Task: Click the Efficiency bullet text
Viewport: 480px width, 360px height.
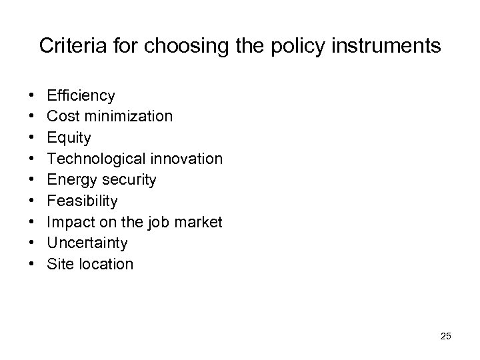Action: point(81,95)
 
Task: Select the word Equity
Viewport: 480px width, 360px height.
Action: point(69,137)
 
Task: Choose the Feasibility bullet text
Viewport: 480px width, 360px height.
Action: point(82,201)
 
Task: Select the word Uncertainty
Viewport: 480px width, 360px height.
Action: point(87,243)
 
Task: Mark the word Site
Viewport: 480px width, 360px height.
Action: point(59,264)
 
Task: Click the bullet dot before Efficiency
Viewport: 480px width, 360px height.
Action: point(32,96)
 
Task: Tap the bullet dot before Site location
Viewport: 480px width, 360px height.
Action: point(32,264)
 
